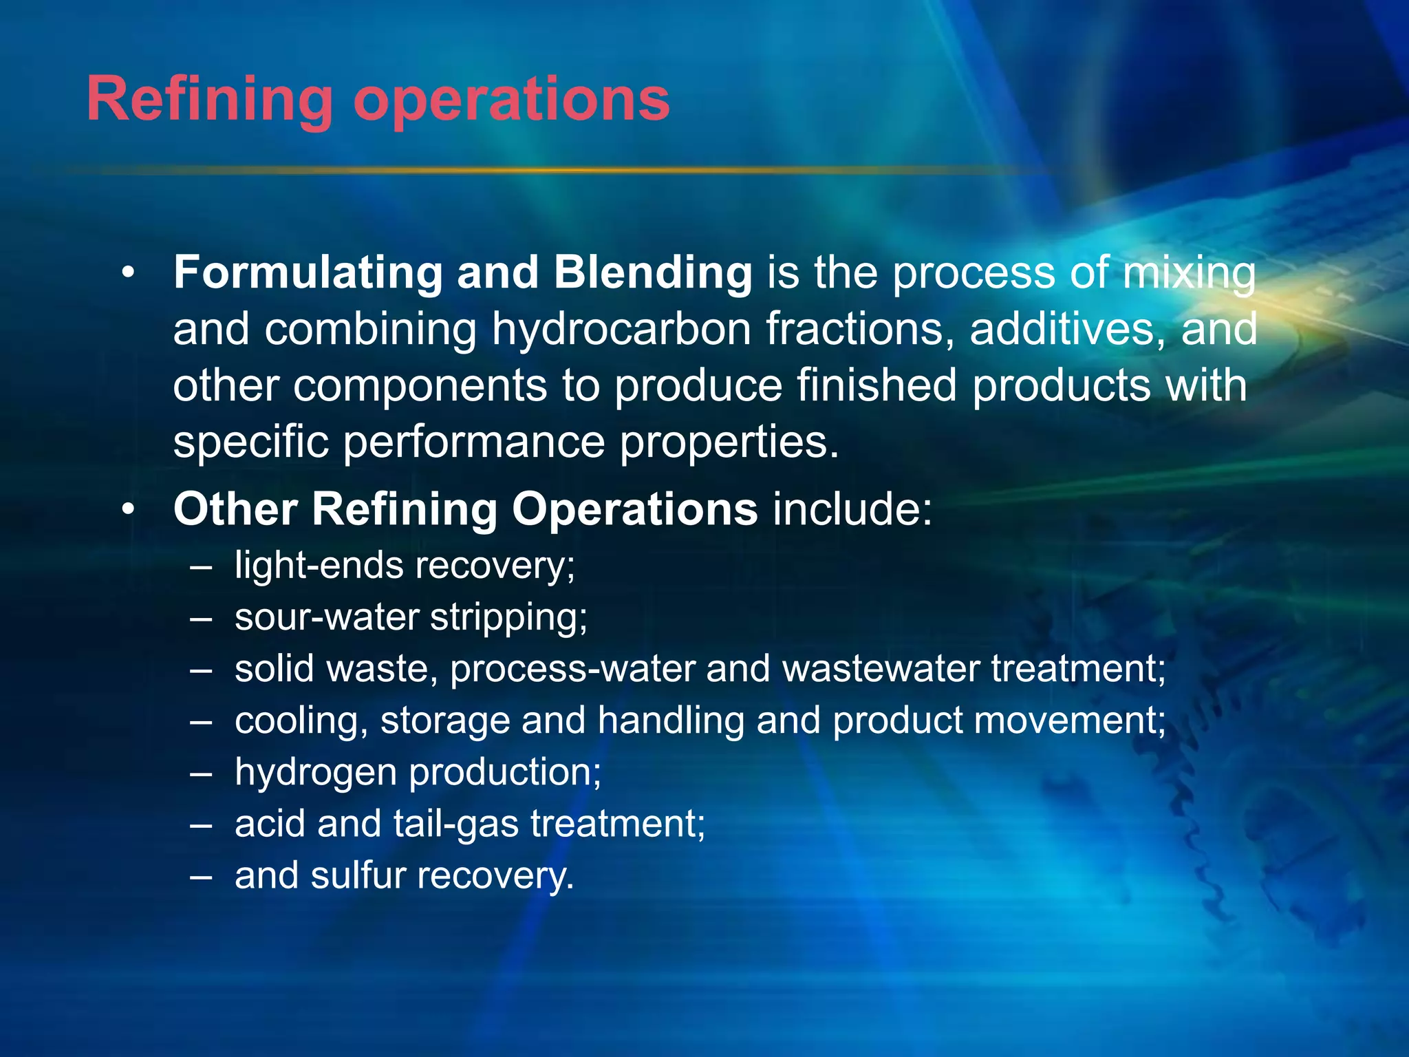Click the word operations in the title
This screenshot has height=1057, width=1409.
pyautogui.click(x=511, y=100)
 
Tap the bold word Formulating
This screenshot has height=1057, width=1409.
pyautogui.click(x=308, y=273)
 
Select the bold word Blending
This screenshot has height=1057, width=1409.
pyautogui.click(x=653, y=273)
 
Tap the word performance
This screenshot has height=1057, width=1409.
pyautogui.click(x=473, y=442)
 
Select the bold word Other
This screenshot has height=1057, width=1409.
pyautogui.click(x=235, y=509)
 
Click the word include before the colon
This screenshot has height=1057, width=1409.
pyautogui.click(x=851, y=509)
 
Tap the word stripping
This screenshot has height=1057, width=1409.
pyautogui.click(x=508, y=617)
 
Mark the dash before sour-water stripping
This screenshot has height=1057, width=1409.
pyautogui.click(x=201, y=618)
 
